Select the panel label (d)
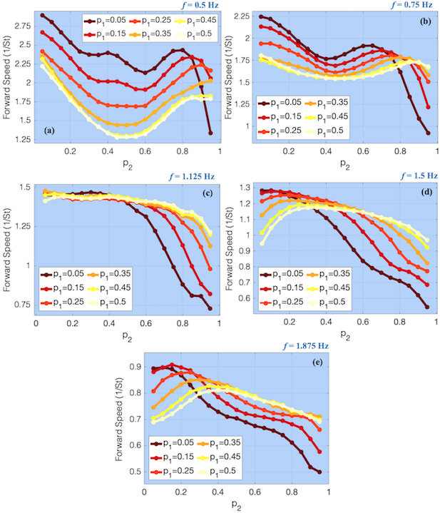coord(421,193)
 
